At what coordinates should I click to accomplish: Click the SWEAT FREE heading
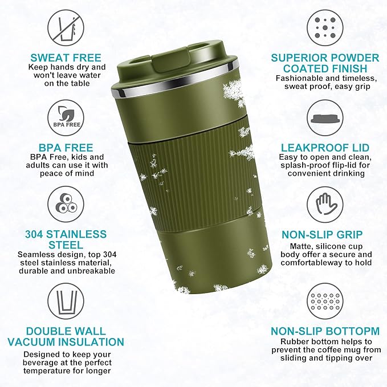point(66,58)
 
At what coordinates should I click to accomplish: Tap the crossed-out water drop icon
point(66,27)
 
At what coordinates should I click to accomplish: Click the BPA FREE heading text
point(66,146)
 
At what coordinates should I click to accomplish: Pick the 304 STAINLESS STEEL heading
point(66,239)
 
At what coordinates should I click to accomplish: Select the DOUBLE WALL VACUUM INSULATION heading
point(66,336)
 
